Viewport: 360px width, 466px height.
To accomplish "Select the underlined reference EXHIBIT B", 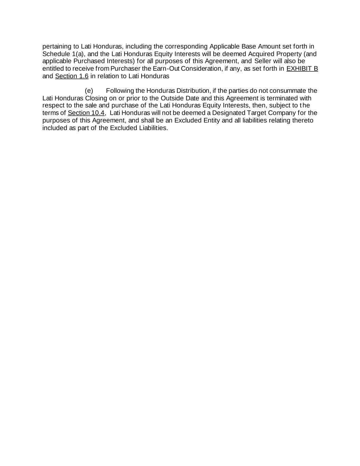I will (x=302, y=69).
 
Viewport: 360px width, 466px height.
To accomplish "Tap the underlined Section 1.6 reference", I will (x=72, y=76).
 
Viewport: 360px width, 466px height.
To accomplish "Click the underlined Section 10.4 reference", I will (x=86, y=113).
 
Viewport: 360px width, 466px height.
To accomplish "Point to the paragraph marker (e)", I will (x=89, y=91).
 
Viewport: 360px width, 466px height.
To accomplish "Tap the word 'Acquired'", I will (x=261, y=54).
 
